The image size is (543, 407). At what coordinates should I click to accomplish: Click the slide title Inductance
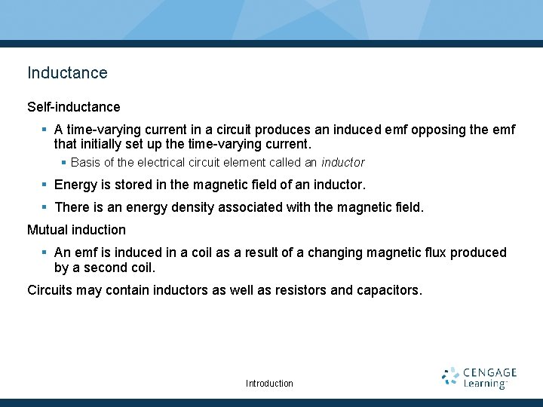tap(67, 73)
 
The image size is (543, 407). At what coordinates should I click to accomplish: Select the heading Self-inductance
tap(73, 107)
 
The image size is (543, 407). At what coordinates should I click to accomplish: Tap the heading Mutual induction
tap(76, 229)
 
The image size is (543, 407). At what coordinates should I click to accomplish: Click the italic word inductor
tap(342, 162)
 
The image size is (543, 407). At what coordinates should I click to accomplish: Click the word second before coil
tap(105, 267)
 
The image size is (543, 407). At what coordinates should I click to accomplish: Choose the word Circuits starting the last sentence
tap(50, 289)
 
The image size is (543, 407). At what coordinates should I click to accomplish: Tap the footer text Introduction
tap(269, 384)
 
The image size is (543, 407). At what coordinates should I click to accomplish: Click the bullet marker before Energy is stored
tap(45, 185)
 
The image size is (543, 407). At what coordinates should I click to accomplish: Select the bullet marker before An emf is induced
tap(45, 252)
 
